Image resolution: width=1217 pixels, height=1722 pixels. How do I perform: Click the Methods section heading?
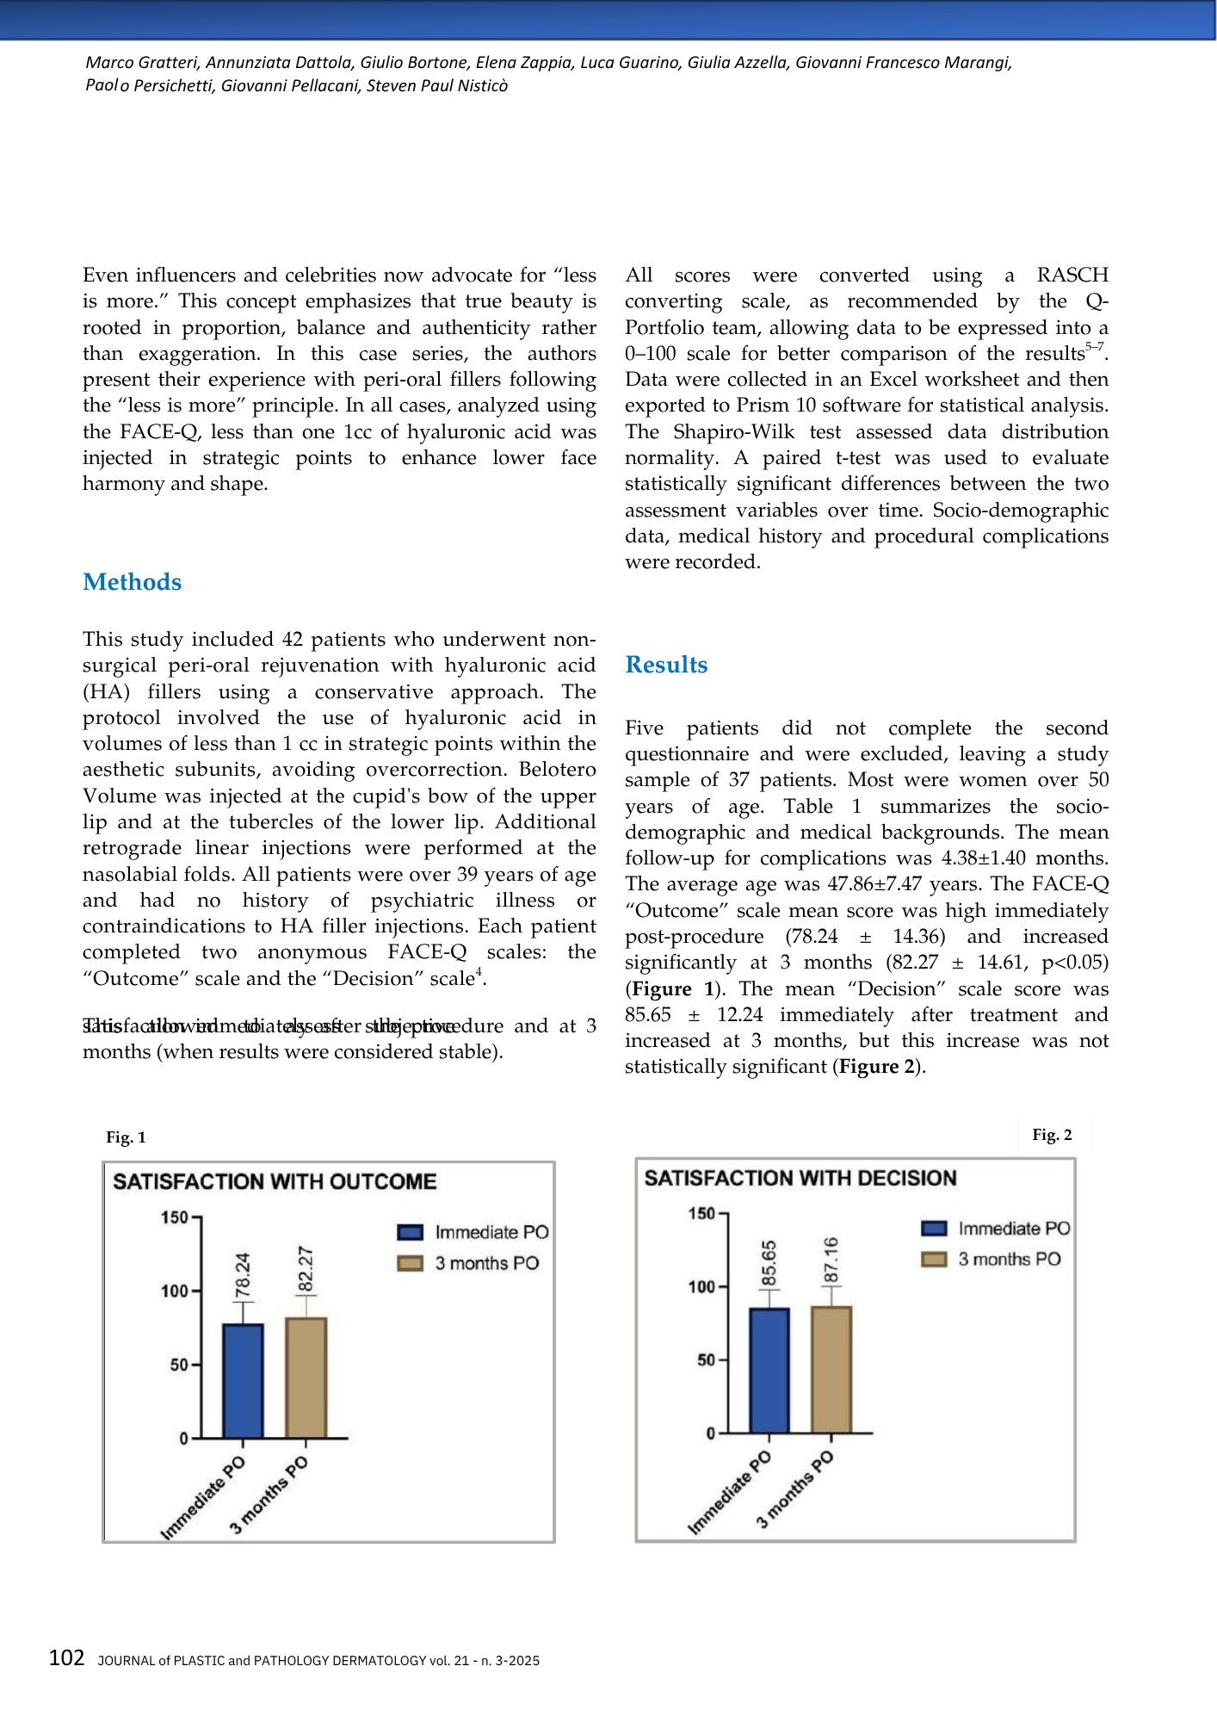point(132,582)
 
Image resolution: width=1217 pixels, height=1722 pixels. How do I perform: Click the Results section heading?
point(666,665)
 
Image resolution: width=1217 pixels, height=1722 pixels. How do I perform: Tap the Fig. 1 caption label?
point(126,1137)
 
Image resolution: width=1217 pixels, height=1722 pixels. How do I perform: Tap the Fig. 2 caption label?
point(1052,1135)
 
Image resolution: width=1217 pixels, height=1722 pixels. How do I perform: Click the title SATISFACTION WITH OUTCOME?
point(275,1181)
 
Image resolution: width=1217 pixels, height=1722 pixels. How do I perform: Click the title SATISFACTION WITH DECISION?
point(800,1178)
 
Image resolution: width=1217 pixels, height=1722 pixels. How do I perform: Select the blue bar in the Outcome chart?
point(243,1381)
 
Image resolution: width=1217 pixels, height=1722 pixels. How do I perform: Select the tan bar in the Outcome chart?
point(306,1378)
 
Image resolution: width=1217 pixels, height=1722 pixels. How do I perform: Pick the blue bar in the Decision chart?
point(769,1371)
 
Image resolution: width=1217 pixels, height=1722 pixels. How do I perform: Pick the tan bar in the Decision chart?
point(831,1369)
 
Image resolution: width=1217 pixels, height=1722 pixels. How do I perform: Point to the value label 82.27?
point(306,1269)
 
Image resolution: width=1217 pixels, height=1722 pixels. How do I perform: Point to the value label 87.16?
point(831,1261)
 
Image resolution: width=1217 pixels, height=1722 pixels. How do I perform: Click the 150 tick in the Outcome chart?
point(175,1217)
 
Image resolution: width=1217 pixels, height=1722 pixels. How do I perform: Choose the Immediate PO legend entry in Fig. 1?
point(473,1232)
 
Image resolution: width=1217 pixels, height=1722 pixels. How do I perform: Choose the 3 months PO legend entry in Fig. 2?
point(991,1259)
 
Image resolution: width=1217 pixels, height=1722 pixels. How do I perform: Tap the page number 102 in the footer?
point(66,1658)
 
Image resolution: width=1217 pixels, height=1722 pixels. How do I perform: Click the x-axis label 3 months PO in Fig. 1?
point(269,1495)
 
